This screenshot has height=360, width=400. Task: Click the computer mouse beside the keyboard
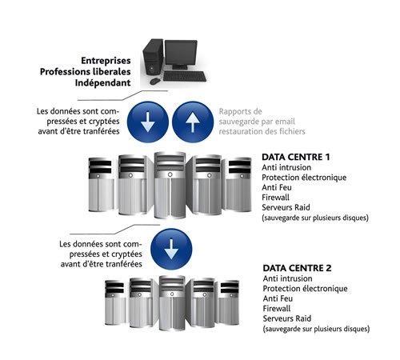click(154, 81)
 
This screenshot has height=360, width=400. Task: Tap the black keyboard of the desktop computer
click(185, 76)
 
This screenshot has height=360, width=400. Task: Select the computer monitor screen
click(181, 54)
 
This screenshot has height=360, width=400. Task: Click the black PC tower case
click(153, 58)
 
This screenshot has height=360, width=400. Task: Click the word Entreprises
click(106, 61)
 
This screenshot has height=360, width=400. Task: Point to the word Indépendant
click(102, 82)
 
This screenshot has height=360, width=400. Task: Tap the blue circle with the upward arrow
click(193, 122)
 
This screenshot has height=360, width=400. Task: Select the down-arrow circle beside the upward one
click(148, 122)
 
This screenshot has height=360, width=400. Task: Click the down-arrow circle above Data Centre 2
click(171, 249)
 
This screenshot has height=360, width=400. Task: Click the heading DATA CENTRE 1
click(296, 157)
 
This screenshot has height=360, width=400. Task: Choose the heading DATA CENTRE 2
click(297, 268)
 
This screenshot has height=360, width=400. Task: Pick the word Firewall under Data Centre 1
click(275, 198)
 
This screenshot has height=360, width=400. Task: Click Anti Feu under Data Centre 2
click(278, 298)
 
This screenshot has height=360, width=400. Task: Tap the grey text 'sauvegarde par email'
click(257, 122)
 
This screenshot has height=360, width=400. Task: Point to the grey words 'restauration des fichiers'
click(262, 131)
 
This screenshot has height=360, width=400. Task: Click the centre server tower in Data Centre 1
click(170, 185)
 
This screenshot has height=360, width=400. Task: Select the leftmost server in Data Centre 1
click(101, 185)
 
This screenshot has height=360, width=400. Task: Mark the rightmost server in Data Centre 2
click(229, 302)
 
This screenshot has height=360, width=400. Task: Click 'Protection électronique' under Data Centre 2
click(305, 289)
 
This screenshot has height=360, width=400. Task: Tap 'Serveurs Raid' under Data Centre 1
click(286, 207)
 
